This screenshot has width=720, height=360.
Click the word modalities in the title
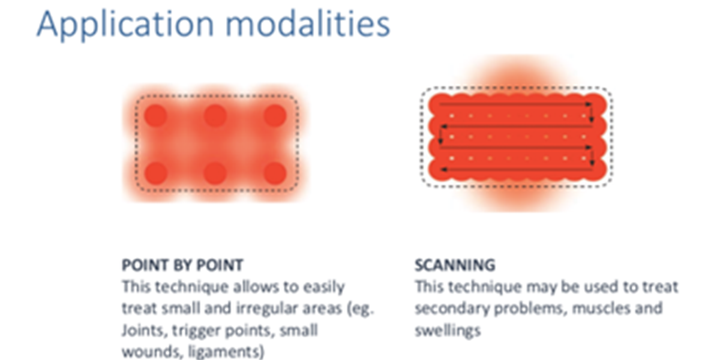pyautogui.click(x=308, y=23)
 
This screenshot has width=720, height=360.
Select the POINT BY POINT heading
pyautogui.click(x=182, y=265)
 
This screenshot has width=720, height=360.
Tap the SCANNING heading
pyautogui.click(x=455, y=265)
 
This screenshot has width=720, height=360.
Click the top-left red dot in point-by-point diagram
pyautogui.click(x=156, y=116)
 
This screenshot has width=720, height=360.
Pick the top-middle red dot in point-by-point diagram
pyautogui.click(x=215, y=116)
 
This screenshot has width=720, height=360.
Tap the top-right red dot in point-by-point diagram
pyautogui.click(x=275, y=116)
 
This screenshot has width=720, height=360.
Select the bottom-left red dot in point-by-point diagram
pyautogui.click(x=156, y=173)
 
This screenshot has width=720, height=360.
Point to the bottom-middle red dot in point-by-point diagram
pyautogui.click(x=215, y=173)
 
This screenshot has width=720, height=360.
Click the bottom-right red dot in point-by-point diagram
pyautogui.click(x=275, y=173)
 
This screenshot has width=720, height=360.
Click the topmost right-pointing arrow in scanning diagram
pyautogui.click(x=515, y=104)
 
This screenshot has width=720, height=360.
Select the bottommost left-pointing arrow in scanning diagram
pyautogui.click(x=516, y=169)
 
